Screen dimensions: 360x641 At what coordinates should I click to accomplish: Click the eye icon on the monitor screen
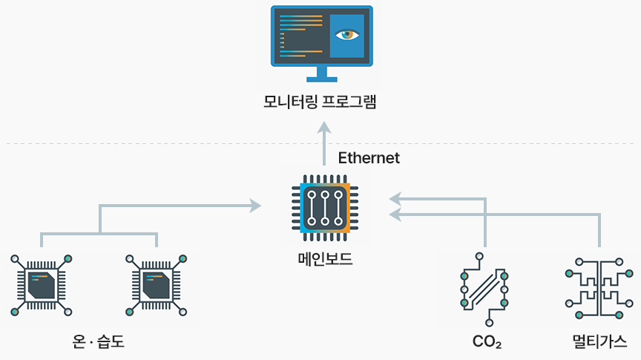pos(346,34)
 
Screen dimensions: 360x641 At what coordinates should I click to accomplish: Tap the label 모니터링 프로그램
pos(320,102)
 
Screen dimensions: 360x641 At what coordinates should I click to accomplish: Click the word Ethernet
pos(369,158)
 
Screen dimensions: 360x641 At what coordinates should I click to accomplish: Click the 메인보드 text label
pos(324,260)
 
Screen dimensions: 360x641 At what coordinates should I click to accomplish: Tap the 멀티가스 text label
pos(599,341)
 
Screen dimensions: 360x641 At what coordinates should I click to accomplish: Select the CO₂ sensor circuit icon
pos(484,289)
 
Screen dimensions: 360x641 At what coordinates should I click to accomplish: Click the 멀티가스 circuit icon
pos(599,289)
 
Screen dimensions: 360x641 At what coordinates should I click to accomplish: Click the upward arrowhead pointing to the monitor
pos(324,128)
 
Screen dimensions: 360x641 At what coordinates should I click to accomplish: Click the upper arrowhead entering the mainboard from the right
pos(395,198)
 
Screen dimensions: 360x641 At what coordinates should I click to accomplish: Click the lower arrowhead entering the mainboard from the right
pos(395,215)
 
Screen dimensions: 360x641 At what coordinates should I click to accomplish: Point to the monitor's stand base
pos(322,79)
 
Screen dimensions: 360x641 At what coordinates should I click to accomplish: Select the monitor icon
pos(322,43)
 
